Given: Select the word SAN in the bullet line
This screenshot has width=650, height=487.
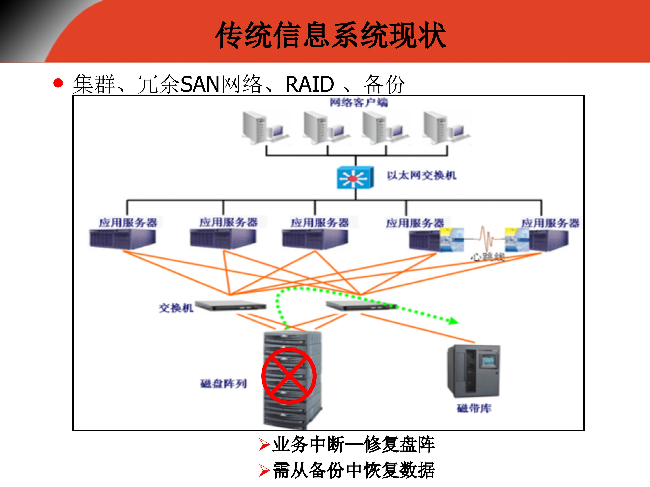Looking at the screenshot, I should click(200, 85).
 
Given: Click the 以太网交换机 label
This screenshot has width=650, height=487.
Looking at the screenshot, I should click(421, 176).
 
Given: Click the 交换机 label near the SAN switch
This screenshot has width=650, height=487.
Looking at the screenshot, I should click(176, 308).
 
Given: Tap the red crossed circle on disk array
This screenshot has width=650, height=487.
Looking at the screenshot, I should click(289, 376).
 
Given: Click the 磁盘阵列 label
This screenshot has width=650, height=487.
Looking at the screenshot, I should click(223, 383).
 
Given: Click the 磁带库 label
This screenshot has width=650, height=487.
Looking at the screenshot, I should click(474, 408).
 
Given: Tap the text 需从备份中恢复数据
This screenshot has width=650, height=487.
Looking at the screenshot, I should click(353, 470).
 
